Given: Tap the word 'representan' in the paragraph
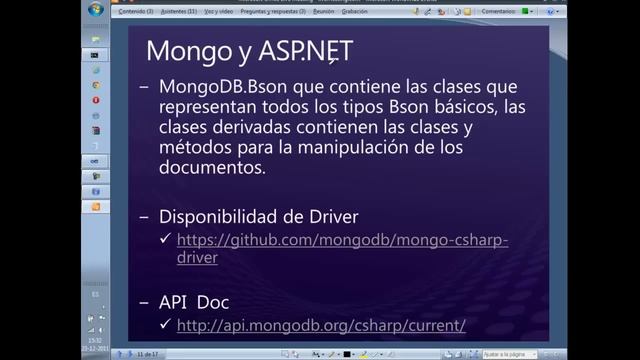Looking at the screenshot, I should click(209, 107).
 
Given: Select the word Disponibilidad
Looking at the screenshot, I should click(227, 216).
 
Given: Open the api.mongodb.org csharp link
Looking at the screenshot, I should click(321, 325).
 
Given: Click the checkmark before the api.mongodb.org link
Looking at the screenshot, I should click(165, 325).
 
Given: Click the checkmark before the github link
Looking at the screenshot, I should click(165, 240).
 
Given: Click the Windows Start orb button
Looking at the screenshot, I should click(96, 10).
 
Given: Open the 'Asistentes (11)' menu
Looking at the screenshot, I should click(177, 11).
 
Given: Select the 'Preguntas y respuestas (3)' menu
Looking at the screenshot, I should click(287, 11).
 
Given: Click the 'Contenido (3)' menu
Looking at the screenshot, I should click(135, 11).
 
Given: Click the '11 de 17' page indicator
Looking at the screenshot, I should click(150, 354).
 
